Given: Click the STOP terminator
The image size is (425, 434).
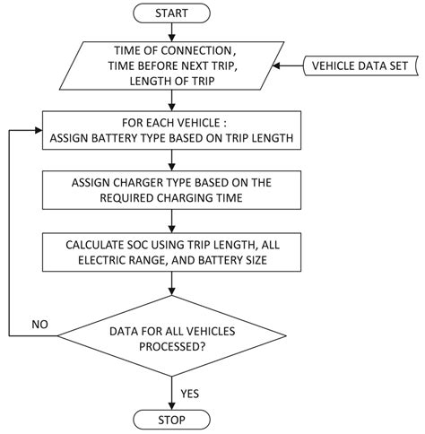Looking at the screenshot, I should click(172, 420).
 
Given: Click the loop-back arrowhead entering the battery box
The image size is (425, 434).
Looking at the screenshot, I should click(40, 132).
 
